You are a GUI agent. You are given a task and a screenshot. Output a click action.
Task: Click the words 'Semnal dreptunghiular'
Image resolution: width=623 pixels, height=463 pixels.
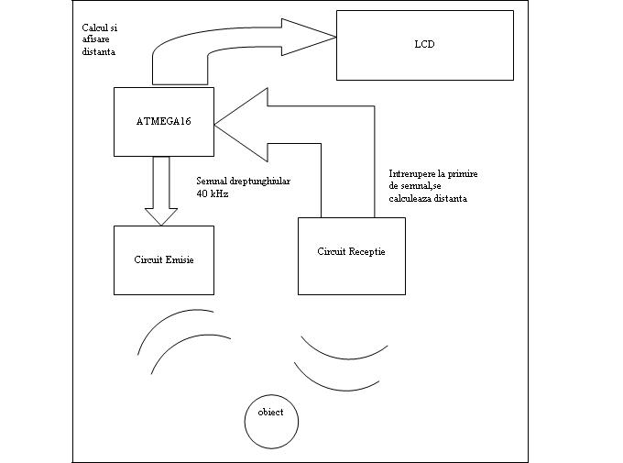[x=243, y=182]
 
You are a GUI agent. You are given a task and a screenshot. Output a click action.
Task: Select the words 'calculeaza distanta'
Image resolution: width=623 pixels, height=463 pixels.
[x=429, y=199]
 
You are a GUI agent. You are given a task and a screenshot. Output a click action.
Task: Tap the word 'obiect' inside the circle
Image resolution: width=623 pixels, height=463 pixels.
[x=270, y=413]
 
